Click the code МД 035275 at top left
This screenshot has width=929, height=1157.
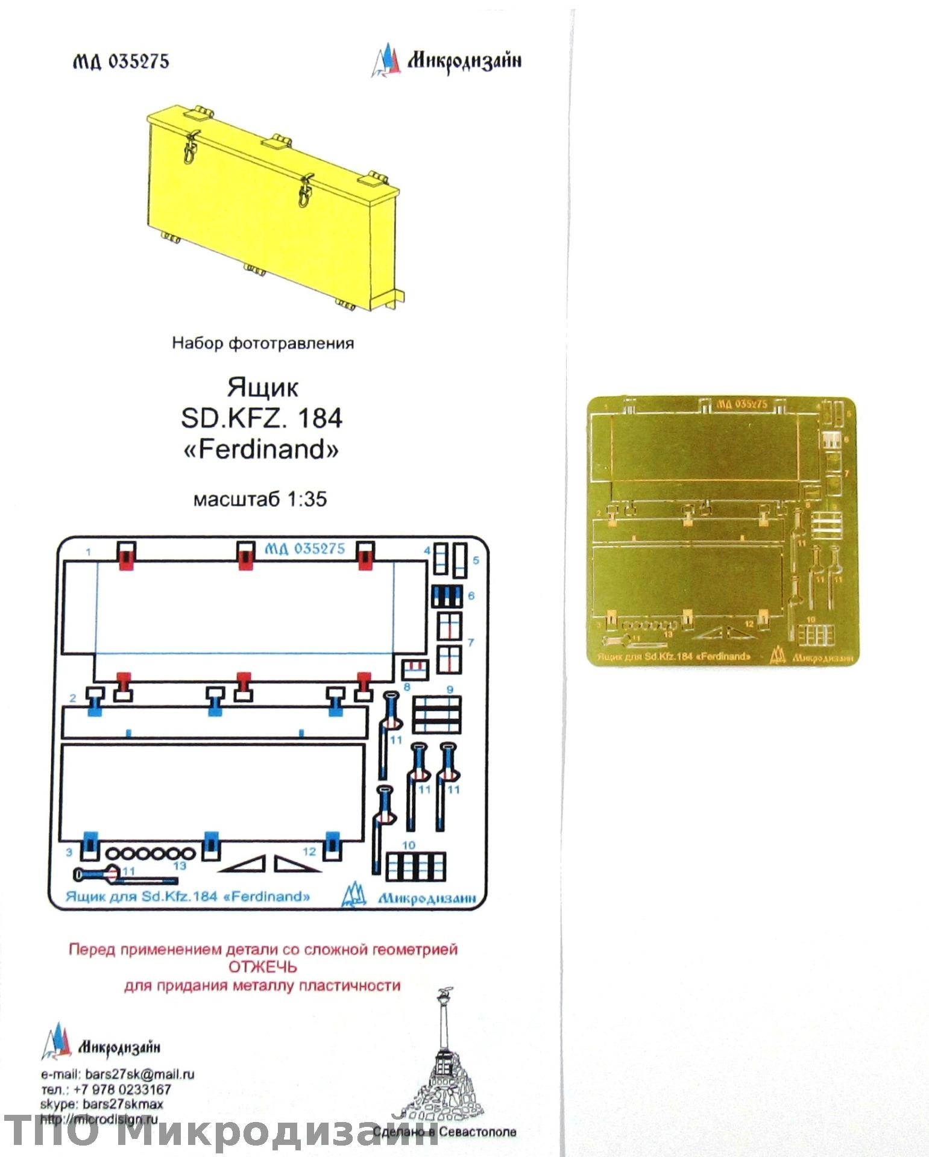121,61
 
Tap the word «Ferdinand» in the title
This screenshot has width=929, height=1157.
261,450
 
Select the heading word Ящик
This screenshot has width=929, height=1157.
262,387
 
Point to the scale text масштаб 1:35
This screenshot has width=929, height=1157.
260,499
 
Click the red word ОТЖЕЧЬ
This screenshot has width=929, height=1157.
262,967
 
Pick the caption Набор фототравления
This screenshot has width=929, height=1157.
263,343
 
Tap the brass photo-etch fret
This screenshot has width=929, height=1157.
722,530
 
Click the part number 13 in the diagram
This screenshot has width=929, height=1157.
180,866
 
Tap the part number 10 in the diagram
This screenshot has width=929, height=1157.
409,845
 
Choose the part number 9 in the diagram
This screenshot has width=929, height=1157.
450,689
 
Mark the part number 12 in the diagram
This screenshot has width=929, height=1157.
309,851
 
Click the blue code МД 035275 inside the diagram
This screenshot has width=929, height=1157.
305,548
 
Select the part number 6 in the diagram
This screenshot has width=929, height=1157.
471,595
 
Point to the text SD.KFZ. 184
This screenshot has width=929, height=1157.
262,418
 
